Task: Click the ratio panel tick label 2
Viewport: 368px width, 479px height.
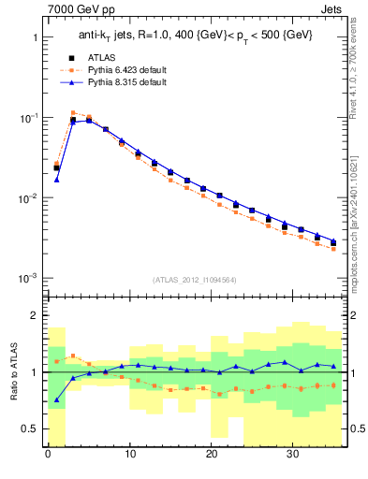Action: click(x=35, y=316)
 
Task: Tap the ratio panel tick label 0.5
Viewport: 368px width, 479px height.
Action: click(x=30, y=428)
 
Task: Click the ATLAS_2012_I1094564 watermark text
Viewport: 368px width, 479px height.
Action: click(x=195, y=279)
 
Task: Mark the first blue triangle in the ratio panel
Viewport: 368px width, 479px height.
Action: click(x=56, y=400)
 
